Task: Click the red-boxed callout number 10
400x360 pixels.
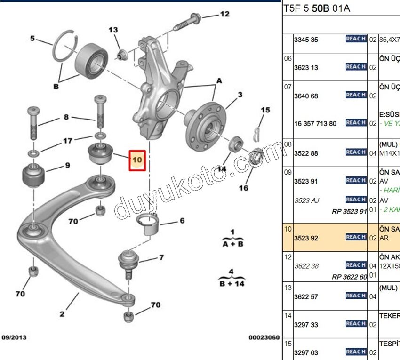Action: coord(137,160)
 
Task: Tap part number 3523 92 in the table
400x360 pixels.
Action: coord(306,238)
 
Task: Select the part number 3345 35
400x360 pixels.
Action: coord(306,40)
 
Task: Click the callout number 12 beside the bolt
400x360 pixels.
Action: coord(224,14)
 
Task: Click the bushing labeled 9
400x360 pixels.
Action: coord(33,175)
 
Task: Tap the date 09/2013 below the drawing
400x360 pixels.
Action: coord(15,337)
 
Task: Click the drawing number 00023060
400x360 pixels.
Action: coord(264,337)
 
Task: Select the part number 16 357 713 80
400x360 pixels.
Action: coord(315,124)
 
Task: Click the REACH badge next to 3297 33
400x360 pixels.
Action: coord(356,323)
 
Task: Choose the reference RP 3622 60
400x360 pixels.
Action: coord(349,277)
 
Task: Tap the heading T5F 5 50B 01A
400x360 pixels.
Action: coord(316,9)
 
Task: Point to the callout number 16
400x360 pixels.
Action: coord(243,188)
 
